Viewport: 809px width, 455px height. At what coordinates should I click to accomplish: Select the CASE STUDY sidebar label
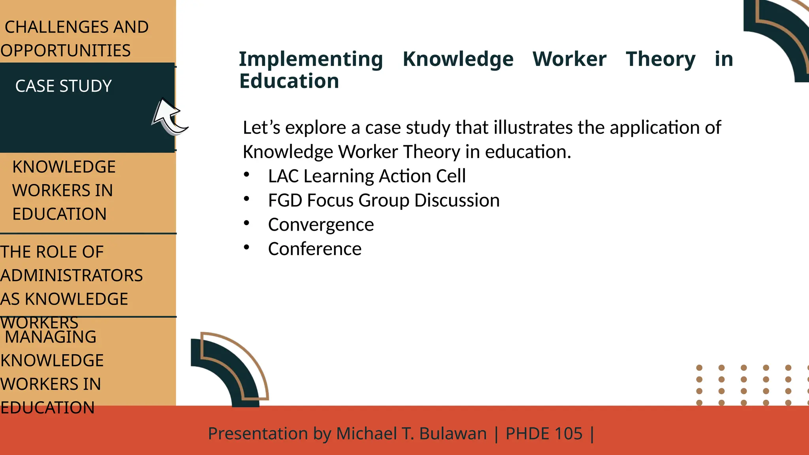click(x=64, y=86)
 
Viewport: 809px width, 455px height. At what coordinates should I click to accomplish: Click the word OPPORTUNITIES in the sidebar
click(x=66, y=51)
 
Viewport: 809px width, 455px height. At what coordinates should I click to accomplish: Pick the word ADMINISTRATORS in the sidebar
click(x=71, y=276)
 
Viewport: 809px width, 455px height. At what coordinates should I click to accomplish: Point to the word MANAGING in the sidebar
click(x=51, y=337)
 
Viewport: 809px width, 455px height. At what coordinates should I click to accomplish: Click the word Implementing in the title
click(x=311, y=59)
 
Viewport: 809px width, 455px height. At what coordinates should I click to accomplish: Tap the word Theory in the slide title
click(x=660, y=59)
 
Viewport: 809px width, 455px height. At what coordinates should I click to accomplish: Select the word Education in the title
click(x=289, y=81)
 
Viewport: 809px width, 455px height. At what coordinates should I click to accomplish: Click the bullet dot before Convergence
click(x=246, y=223)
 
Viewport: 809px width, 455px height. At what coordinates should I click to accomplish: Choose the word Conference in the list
click(x=314, y=249)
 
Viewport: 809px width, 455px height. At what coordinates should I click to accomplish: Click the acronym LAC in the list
click(x=284, y=176)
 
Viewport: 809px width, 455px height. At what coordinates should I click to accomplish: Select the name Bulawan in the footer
click(x=453, y=434)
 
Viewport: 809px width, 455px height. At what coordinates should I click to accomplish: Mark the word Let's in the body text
click(x=262, y=128)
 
